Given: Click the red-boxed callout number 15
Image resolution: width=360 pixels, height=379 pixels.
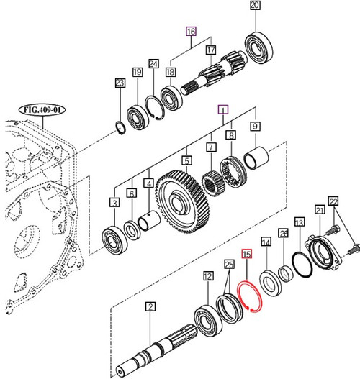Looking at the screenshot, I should pyautogui.click(x=246, y=255).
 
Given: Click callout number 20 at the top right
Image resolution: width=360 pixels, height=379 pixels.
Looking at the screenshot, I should pyautogui.click(x=253, y=6).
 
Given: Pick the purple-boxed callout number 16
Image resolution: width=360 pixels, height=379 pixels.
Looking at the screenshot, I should pyautogui.click(x=190, y=32).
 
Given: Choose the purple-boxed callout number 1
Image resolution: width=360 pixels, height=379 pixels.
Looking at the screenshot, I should pyautogui.click(x=224, y=110).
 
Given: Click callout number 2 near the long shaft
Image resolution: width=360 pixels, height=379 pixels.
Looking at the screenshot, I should pyautogui.click(x=150, y=307).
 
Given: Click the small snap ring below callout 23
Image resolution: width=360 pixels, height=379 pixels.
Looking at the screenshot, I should pyautogui.click(x=122, y=129).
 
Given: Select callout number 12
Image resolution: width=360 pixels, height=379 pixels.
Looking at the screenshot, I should pyautogui.click(x=207, y=275).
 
